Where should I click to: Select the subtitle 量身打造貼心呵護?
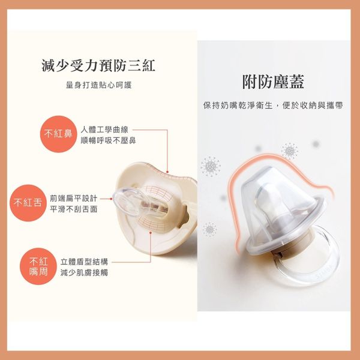point(99,85)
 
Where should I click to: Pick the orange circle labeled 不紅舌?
point(28,202)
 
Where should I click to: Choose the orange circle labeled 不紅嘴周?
point(38,266)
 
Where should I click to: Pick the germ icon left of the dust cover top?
point(211,164)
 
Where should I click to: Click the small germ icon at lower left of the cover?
point(209,228)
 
